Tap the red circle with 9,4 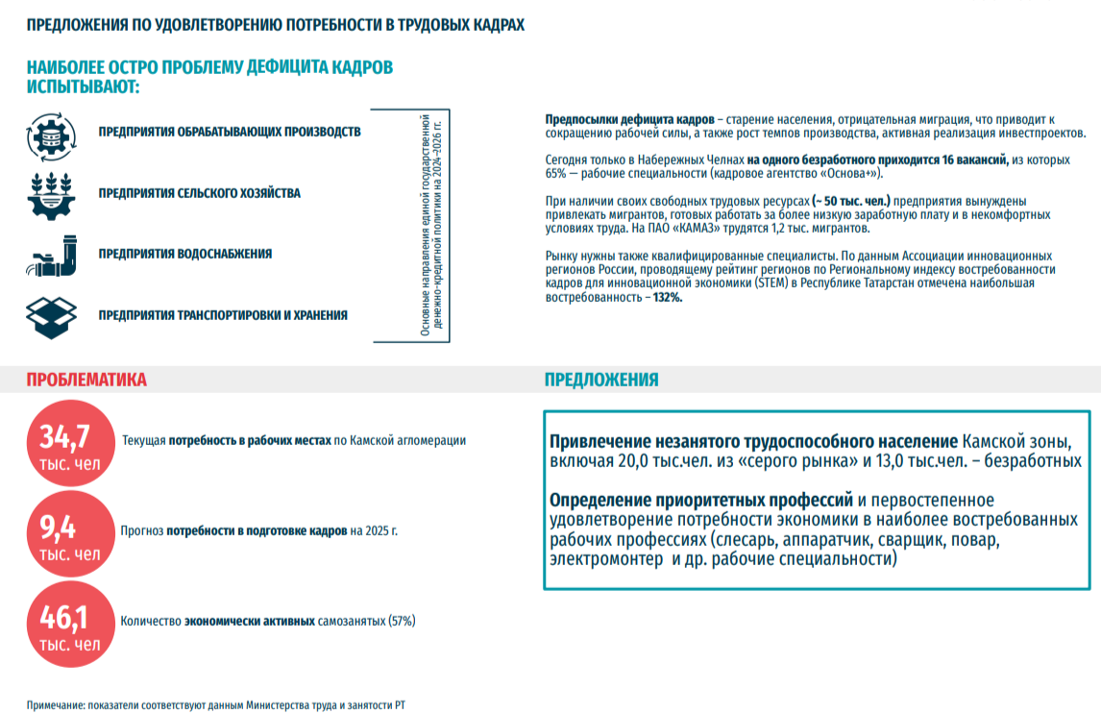pyautogui.click(x=64, y=534)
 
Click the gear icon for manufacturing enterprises pyautogui.click(x=51, y=135)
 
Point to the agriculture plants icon pyautogui.click(x=51, y=194)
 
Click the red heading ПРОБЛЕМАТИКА pyautogui.click(x=86, y=380)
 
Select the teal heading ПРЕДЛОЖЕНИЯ pyautogui.click(x=601, y=380)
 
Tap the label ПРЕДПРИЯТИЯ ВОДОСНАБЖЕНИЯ pyautogui.click(x=184, y=254)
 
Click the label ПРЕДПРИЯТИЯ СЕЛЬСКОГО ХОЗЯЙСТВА pyautogui.click(x=199, y=193)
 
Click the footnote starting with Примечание pyautogui.click(x=216, y=705)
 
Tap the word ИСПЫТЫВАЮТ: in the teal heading pyautogui.click(x=84, y=86)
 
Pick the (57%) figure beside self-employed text pyautogui.click(x=402, y=621)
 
